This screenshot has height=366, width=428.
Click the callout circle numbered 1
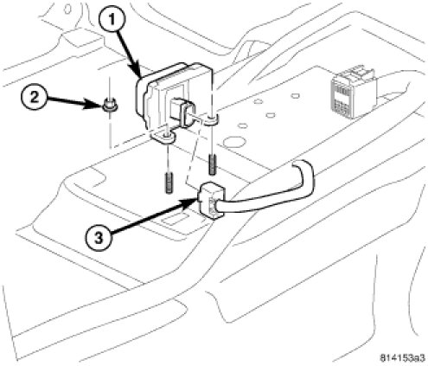pos(112,19)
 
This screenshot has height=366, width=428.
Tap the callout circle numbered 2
pos(35,98)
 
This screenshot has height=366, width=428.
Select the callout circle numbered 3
pos(99,238)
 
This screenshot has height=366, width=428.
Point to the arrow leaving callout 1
pos(129,53)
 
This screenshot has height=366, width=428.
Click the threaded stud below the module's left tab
pos(169,183)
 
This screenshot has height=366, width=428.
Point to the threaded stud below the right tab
pos(212,165)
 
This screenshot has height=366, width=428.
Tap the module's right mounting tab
pos(211,120)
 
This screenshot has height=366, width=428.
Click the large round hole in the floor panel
pos(234,143)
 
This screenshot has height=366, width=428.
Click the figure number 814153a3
pos(402,358)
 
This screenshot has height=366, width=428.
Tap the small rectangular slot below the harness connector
pos(176,220)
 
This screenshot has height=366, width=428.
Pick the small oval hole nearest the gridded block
pos(295,95)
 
